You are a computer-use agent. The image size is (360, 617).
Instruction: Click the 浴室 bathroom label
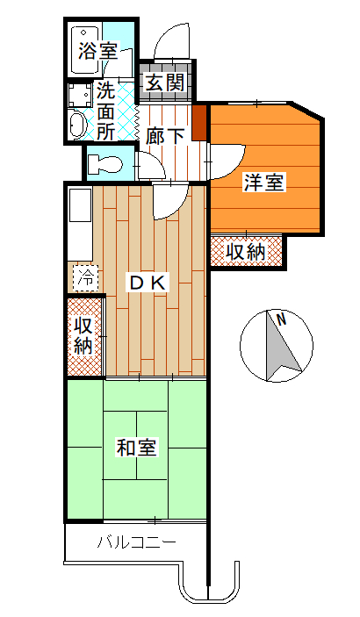pos(98,51)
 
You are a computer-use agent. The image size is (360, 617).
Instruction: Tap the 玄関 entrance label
pos(165,83)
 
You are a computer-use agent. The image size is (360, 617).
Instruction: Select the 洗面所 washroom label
pos(106,112)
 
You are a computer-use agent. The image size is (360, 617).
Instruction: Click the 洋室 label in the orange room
pos(264,183)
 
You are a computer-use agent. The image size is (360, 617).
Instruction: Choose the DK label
pos(149,283)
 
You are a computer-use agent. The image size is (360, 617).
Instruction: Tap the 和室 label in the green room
pos(137,448)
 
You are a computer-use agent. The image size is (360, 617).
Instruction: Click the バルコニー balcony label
pos(137,543)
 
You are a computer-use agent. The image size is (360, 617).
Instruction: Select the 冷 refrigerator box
pos(85,278)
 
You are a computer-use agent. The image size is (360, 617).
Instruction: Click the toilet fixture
pos(104,164)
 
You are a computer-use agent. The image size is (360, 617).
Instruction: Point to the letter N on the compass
pos(281,319)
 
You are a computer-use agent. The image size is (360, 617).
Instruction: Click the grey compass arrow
pos(282,347)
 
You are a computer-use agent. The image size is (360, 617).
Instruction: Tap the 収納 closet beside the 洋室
pos(246,252)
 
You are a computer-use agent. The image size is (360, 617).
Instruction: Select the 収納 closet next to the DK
pos(85,337)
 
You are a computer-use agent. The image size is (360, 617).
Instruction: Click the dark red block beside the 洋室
pos(199,121)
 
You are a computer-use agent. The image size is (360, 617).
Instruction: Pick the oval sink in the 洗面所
pos(76,124)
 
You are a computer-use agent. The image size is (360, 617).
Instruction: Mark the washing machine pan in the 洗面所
pos(80,95)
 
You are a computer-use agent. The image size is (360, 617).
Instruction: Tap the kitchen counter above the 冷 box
pos(81,225)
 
